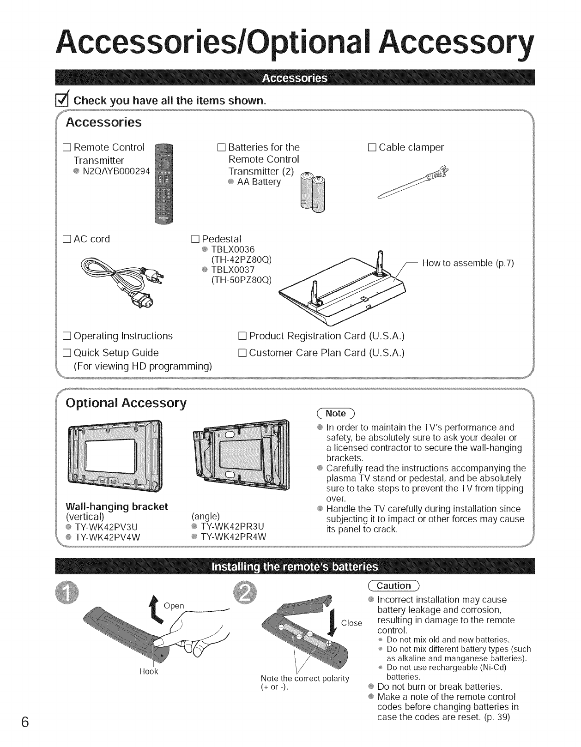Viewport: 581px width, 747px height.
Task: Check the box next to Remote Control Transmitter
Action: click(67, 148)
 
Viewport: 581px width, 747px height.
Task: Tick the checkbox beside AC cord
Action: click(67, 239)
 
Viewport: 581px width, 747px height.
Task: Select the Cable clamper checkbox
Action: click(372, 148)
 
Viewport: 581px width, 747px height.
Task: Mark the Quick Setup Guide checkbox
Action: click(67, 353)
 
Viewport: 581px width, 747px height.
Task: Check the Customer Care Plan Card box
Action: click(242, 353)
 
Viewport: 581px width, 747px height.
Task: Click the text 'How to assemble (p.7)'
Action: click(468, 263)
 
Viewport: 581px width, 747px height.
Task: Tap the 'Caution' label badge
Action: click(394, 586)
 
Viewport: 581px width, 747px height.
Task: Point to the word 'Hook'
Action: click(149, 671)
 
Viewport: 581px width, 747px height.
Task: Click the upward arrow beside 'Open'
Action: click(155, 606)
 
